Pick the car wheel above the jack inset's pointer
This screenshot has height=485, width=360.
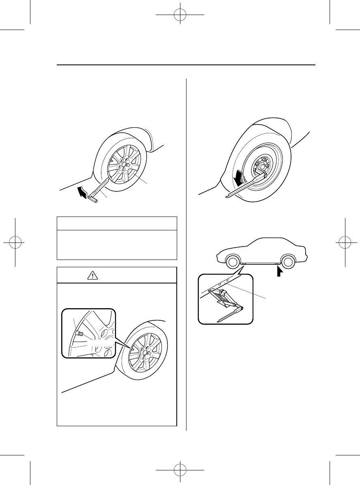click(231, 262)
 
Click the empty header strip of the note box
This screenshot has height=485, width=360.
click(117, 223)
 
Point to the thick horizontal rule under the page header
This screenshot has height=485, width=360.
click(186, 65)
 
